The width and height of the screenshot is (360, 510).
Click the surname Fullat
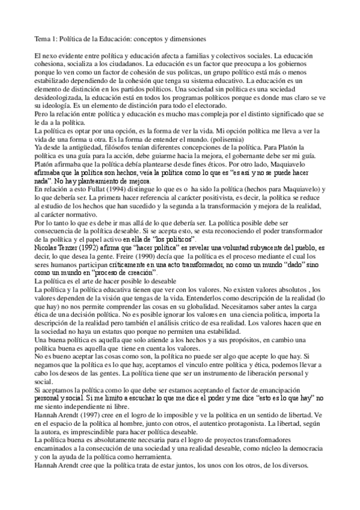[110, 188]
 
